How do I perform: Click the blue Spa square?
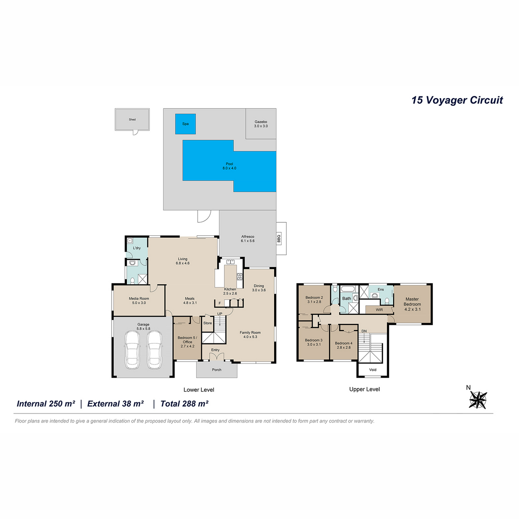(x=185, y=124)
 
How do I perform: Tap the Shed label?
(x=132, y=119)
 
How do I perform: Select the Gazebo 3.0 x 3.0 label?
(x=261, y=124)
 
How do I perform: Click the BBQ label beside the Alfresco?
(x=279, y=238)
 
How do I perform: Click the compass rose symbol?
(x=478, y=400)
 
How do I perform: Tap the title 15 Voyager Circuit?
(x=457, y=100)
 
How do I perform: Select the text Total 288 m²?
(x=184, y=404)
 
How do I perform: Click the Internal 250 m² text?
(x=46, y=404)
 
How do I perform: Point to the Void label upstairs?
(x=372, y=370)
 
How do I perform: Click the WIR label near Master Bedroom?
(x=379, y=310)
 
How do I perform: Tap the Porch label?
(x=217, y=370)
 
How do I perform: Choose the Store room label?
(x=208, y=323)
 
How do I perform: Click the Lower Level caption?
(x=199, y=390)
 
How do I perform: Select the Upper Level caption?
(x=365, y=389)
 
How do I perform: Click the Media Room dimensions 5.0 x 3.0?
(x=139, y=303)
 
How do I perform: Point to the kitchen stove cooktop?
(x=240, y=277)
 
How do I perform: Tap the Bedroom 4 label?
(x=343, y=343)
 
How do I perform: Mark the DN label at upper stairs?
(x=364, y=331)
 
